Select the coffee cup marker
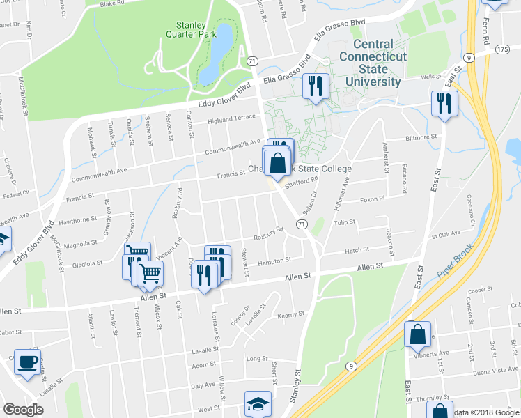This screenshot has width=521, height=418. [x=27, y=362]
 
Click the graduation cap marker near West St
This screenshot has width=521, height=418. [x=257, y=403]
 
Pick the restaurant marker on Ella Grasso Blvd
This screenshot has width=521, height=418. [x=316, y=86]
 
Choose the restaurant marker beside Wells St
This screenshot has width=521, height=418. [x=443, y=104]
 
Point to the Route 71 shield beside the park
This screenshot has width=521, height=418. [x=251, y=61]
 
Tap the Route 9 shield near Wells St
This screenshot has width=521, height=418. [x=471, y=57]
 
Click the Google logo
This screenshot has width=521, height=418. [x=23, y=410]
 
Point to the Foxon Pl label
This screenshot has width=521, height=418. [x=372, y=199]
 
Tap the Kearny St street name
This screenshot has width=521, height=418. [x=288, y=316]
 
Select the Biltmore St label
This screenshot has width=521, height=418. [x=423, y=137]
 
